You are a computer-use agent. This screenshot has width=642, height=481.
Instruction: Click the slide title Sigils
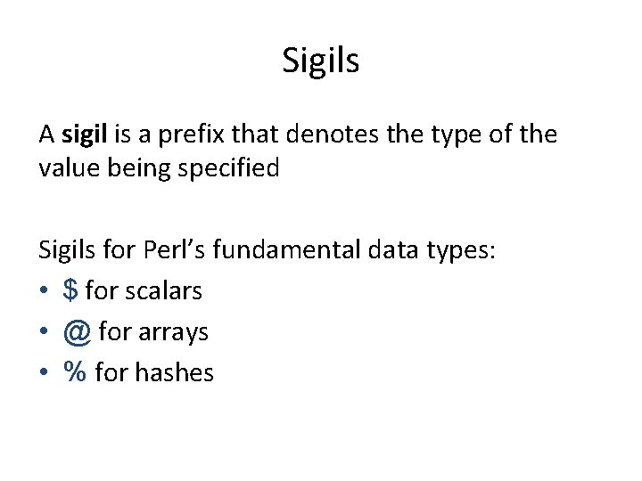pyautogui.click(x=320, y=61)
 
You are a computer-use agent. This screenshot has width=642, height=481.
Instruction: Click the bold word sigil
pyautogui.click(x=84, y=135)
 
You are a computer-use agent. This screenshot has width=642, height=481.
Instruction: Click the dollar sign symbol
pyautogui.click(x=70, y=290)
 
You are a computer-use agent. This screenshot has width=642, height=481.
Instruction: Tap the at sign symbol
pyautogui.click(x=77, y=331)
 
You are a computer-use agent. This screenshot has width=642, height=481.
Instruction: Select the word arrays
pyautogui.click(x=169, y=332)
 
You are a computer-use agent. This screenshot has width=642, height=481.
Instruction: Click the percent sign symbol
pyautogui.click(x=75, y=372)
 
